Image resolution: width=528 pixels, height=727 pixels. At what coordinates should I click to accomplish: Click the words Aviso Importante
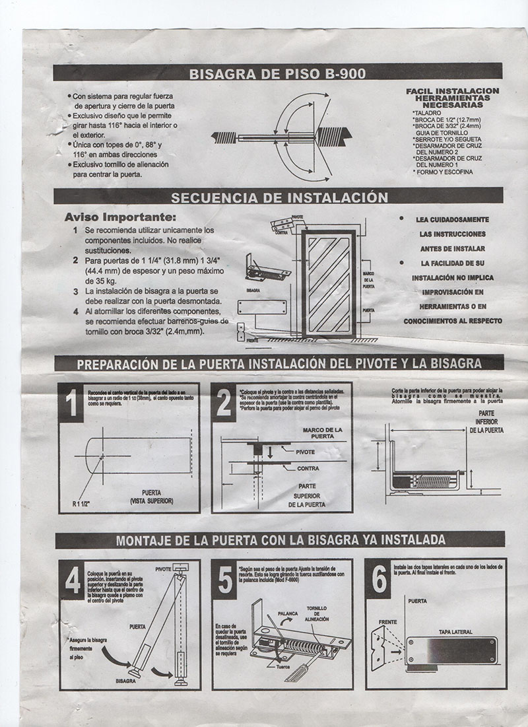point(120,217)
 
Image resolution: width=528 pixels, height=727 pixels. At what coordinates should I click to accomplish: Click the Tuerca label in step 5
point(284,666)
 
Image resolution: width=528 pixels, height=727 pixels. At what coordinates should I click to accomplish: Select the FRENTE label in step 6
point(387,622)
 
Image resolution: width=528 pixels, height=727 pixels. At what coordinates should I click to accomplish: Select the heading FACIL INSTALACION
point(452,90)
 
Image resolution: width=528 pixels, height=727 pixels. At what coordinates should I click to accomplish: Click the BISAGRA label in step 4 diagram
point(125,679)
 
